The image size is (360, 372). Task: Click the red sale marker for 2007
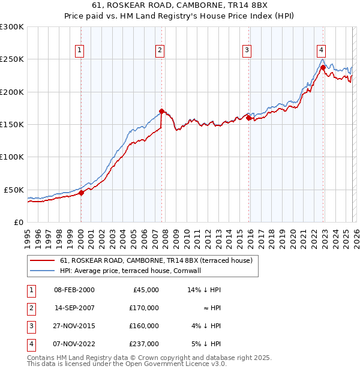[x=162, y=111]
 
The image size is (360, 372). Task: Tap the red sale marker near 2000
[x=82, y=193]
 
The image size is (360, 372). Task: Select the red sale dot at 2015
[x=248, y=118]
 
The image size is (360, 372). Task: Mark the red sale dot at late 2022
[x=323, y=68]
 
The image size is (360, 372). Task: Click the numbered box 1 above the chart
[x=80, y=50]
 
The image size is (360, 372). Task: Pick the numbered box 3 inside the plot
[x=247, y=50]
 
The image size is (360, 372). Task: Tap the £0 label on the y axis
[x=18, y=222]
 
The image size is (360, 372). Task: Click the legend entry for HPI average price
[x=130, y=271]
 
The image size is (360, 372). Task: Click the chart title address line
[x=180, y=6]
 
